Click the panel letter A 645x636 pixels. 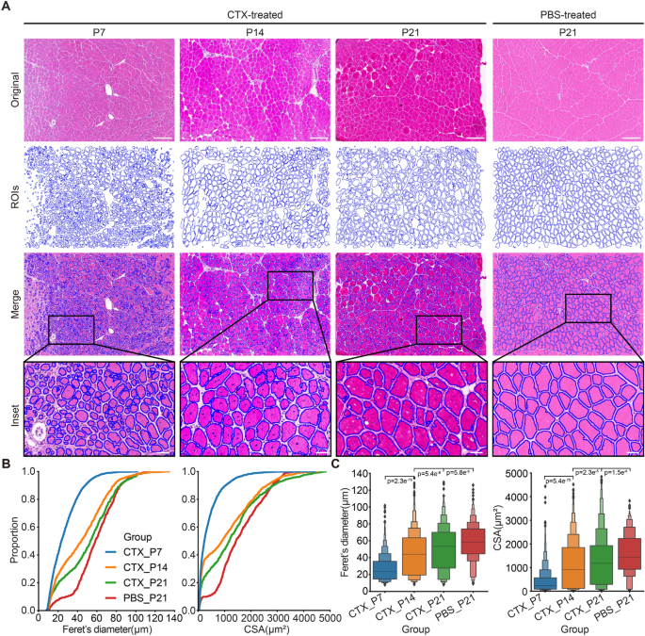(7, 8)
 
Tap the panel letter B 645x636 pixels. (7, 464)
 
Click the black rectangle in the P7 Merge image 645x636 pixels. (71, 331)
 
